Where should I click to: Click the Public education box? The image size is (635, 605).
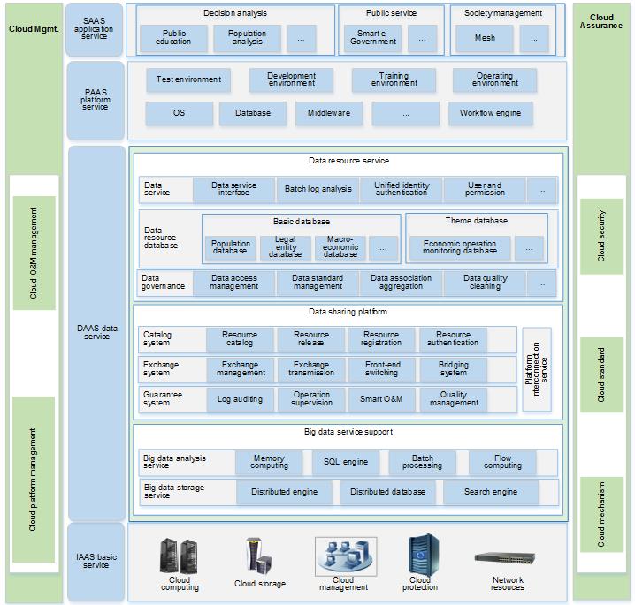coord(173,38)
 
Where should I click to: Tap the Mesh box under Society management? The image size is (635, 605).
coord(485,38)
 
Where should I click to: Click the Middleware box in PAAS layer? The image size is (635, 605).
coord(328,113)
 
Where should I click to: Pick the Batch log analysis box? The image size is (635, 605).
coord(317,189)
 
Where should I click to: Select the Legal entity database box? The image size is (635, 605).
coord(285,248)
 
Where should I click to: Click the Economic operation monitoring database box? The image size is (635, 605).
coord(460,248)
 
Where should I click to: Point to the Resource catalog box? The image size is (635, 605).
coord(239,339)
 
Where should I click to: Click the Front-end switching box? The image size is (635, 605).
coord(382,369)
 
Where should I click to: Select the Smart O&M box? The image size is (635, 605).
coord(381,399)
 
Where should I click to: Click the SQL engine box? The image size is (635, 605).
coord(345,462)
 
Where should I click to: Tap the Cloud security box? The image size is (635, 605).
coord(602,236)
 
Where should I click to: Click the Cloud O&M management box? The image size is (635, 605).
coord(34,253)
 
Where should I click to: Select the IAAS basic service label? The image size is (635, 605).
coord(96,561)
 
